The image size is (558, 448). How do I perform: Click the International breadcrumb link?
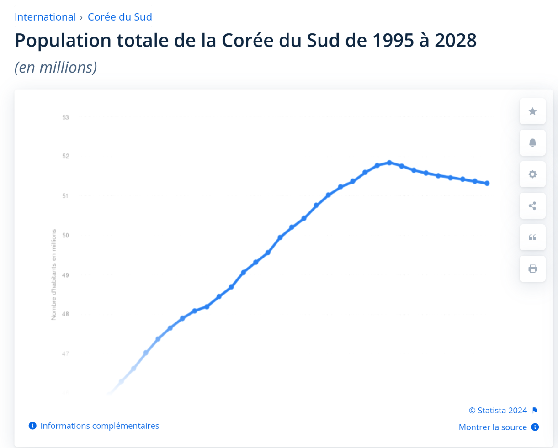(45, 17)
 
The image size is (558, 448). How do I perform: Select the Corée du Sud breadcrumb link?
(120, 17)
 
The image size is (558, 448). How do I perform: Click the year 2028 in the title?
(456, 41)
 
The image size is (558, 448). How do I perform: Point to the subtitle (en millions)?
(56, 67)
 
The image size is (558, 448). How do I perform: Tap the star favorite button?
(532, 111)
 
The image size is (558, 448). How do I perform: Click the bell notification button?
(532, 142)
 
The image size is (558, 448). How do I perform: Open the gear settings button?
(532, 174)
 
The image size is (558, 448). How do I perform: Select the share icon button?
(532, 206)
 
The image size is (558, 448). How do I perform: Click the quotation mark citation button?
(532, 237)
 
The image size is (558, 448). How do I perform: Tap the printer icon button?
(532, 269)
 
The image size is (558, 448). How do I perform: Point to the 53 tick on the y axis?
(66, 117)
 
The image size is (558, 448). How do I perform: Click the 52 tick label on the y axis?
(66, 156)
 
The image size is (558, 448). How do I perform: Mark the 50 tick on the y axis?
(66, 235)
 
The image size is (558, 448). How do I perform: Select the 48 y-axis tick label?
(66, 314)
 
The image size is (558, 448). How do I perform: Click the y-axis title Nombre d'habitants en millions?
(54, 274)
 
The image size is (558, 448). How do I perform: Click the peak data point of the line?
(389, 163)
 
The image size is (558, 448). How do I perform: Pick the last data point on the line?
(487, 183)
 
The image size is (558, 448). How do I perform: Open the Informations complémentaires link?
(100, 426)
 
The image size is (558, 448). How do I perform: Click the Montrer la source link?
(493, 427)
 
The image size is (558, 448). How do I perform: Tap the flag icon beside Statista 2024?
(535, 411)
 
